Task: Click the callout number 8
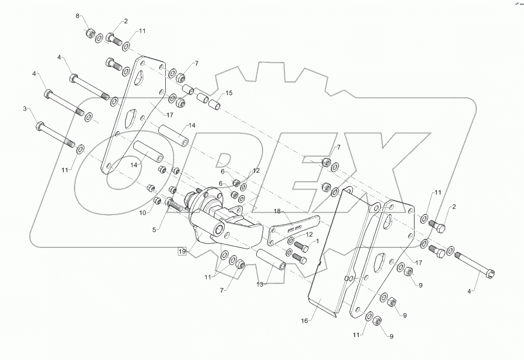pos(78,16)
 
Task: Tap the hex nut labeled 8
pos(89,34)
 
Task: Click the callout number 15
pos(229,93)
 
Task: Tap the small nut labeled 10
pos(156,202)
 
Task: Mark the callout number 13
pos(260,285)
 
